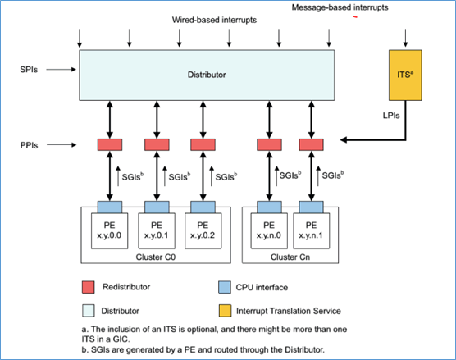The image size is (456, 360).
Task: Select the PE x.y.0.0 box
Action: click(110, 229)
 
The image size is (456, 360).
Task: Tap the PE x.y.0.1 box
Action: click(157, 229)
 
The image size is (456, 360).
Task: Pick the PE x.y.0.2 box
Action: click(203, 229)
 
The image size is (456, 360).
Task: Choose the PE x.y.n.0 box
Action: click(269, 229)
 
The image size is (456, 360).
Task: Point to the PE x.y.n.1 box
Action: click(310, 229)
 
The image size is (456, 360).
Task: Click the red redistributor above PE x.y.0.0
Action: click(110, 144)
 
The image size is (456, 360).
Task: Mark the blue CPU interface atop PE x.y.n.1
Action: click(310, 206)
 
